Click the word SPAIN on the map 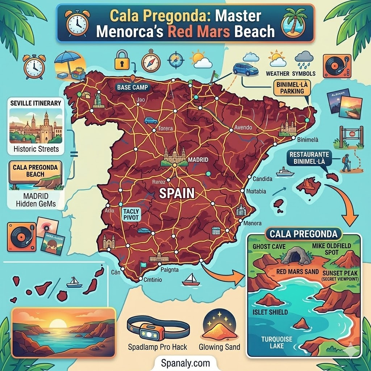[x=177, y=192]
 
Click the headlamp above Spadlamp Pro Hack [x=158, y=327]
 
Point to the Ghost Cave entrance [x=296, y=257]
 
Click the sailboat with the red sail [x=191, y=279]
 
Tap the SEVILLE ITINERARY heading [x=36, y=103]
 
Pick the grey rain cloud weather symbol [x=304, y=58]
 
